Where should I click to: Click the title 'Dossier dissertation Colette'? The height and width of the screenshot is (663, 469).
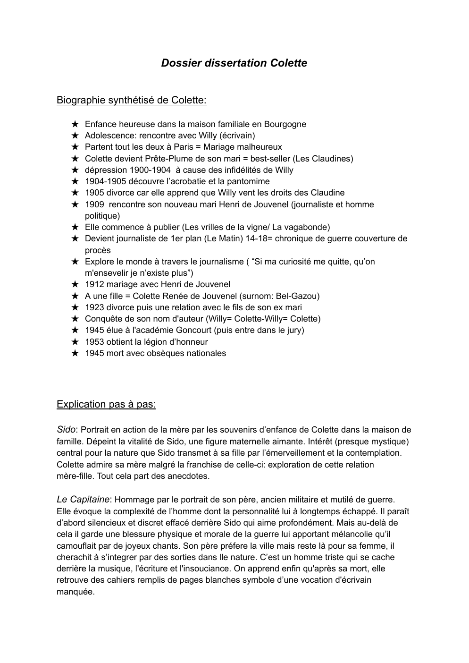click(234, 63)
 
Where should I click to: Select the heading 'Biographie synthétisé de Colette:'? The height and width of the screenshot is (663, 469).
click(131, 100)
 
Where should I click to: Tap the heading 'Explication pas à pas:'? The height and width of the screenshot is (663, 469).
click(106, 404)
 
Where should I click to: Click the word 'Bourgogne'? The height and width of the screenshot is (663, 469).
click(285, 124)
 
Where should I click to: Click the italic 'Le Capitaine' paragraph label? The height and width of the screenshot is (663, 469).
click(83, 499)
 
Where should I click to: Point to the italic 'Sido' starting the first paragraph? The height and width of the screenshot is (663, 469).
click(66, 430)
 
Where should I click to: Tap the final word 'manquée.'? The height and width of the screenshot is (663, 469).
click(75, 592)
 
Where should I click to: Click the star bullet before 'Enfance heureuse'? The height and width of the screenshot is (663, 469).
click(75, 124)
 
